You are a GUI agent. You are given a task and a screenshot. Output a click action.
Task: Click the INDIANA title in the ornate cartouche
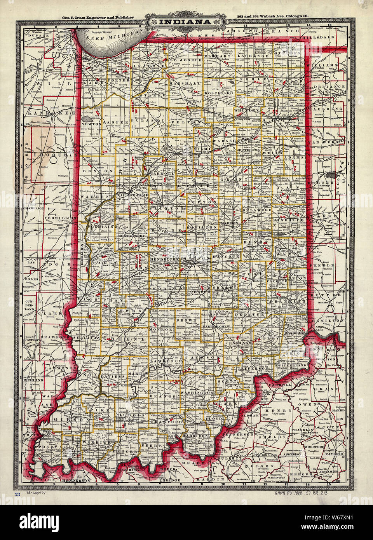coord(185,22)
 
